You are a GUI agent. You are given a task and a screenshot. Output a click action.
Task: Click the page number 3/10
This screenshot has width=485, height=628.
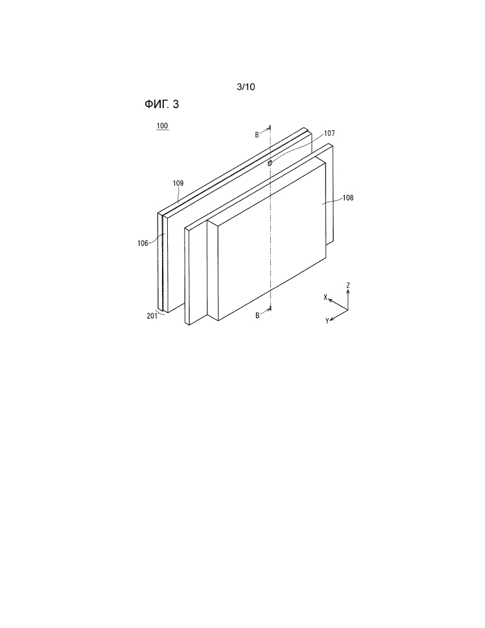[x=246, y=87]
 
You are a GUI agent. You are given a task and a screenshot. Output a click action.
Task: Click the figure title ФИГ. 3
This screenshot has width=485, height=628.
[x=161, y=104]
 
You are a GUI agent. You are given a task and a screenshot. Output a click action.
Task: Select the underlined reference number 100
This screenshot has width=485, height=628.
[x=162, y=126]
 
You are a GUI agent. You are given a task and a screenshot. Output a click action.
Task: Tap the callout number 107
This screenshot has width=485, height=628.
[x=329, y=133]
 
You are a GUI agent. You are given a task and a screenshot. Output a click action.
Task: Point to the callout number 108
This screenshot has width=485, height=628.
[x=348, y=197]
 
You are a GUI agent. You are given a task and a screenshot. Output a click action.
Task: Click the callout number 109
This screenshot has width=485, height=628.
[x=178, y=184]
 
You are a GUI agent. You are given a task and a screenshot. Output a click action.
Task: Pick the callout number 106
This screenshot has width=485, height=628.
[x=143, y=243]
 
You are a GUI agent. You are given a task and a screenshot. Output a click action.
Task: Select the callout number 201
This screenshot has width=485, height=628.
[x=152, y=316]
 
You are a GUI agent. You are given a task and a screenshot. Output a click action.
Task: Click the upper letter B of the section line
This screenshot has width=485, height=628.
[x=258, y=135]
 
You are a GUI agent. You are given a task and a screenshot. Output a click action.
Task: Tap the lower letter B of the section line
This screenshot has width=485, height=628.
[x=258, y=316]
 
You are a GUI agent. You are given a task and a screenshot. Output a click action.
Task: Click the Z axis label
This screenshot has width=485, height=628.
[x=348, y=285]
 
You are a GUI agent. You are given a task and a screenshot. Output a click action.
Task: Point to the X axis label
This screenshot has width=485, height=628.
[x=325, y=297]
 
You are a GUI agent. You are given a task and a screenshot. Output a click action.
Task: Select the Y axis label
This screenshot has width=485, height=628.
[x=327, y=321]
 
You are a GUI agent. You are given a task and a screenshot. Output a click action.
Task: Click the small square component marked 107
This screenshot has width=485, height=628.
[x=270, y=163]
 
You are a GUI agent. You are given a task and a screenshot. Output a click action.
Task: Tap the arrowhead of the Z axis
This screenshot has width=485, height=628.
[x=348, y=292]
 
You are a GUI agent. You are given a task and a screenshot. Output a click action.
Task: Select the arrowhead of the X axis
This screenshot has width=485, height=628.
[x=330, y=300]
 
